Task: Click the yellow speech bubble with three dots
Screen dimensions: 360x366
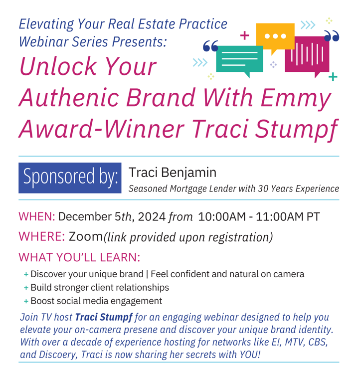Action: tap(275, 37)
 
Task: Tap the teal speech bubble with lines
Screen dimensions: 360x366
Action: tap(239, 59)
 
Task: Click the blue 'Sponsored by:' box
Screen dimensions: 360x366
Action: tap(70, 178)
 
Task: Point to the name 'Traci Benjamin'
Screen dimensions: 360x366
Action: tap(173, 173)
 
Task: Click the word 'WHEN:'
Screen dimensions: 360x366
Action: tap(37, 216)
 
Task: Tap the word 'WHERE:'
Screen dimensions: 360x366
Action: tap(42, 236)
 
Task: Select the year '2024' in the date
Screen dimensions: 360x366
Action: tap(152, 216)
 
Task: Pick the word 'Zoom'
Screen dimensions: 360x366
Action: tap(86, 236)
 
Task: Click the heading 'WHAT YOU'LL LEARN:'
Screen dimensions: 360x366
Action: tap(79, 257)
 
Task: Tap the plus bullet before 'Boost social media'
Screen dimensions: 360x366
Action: tap(26, 301)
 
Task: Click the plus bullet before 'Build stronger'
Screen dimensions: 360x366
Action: tap(26, 288)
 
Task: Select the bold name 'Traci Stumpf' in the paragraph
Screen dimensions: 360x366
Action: tap(104, 318)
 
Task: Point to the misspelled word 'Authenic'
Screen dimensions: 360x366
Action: tap(69, 97)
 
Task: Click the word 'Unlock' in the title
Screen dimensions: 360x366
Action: tap(57, 66)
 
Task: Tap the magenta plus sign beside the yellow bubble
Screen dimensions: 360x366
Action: tap(244, 35)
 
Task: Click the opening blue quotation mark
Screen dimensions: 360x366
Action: tap(210, 46)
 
